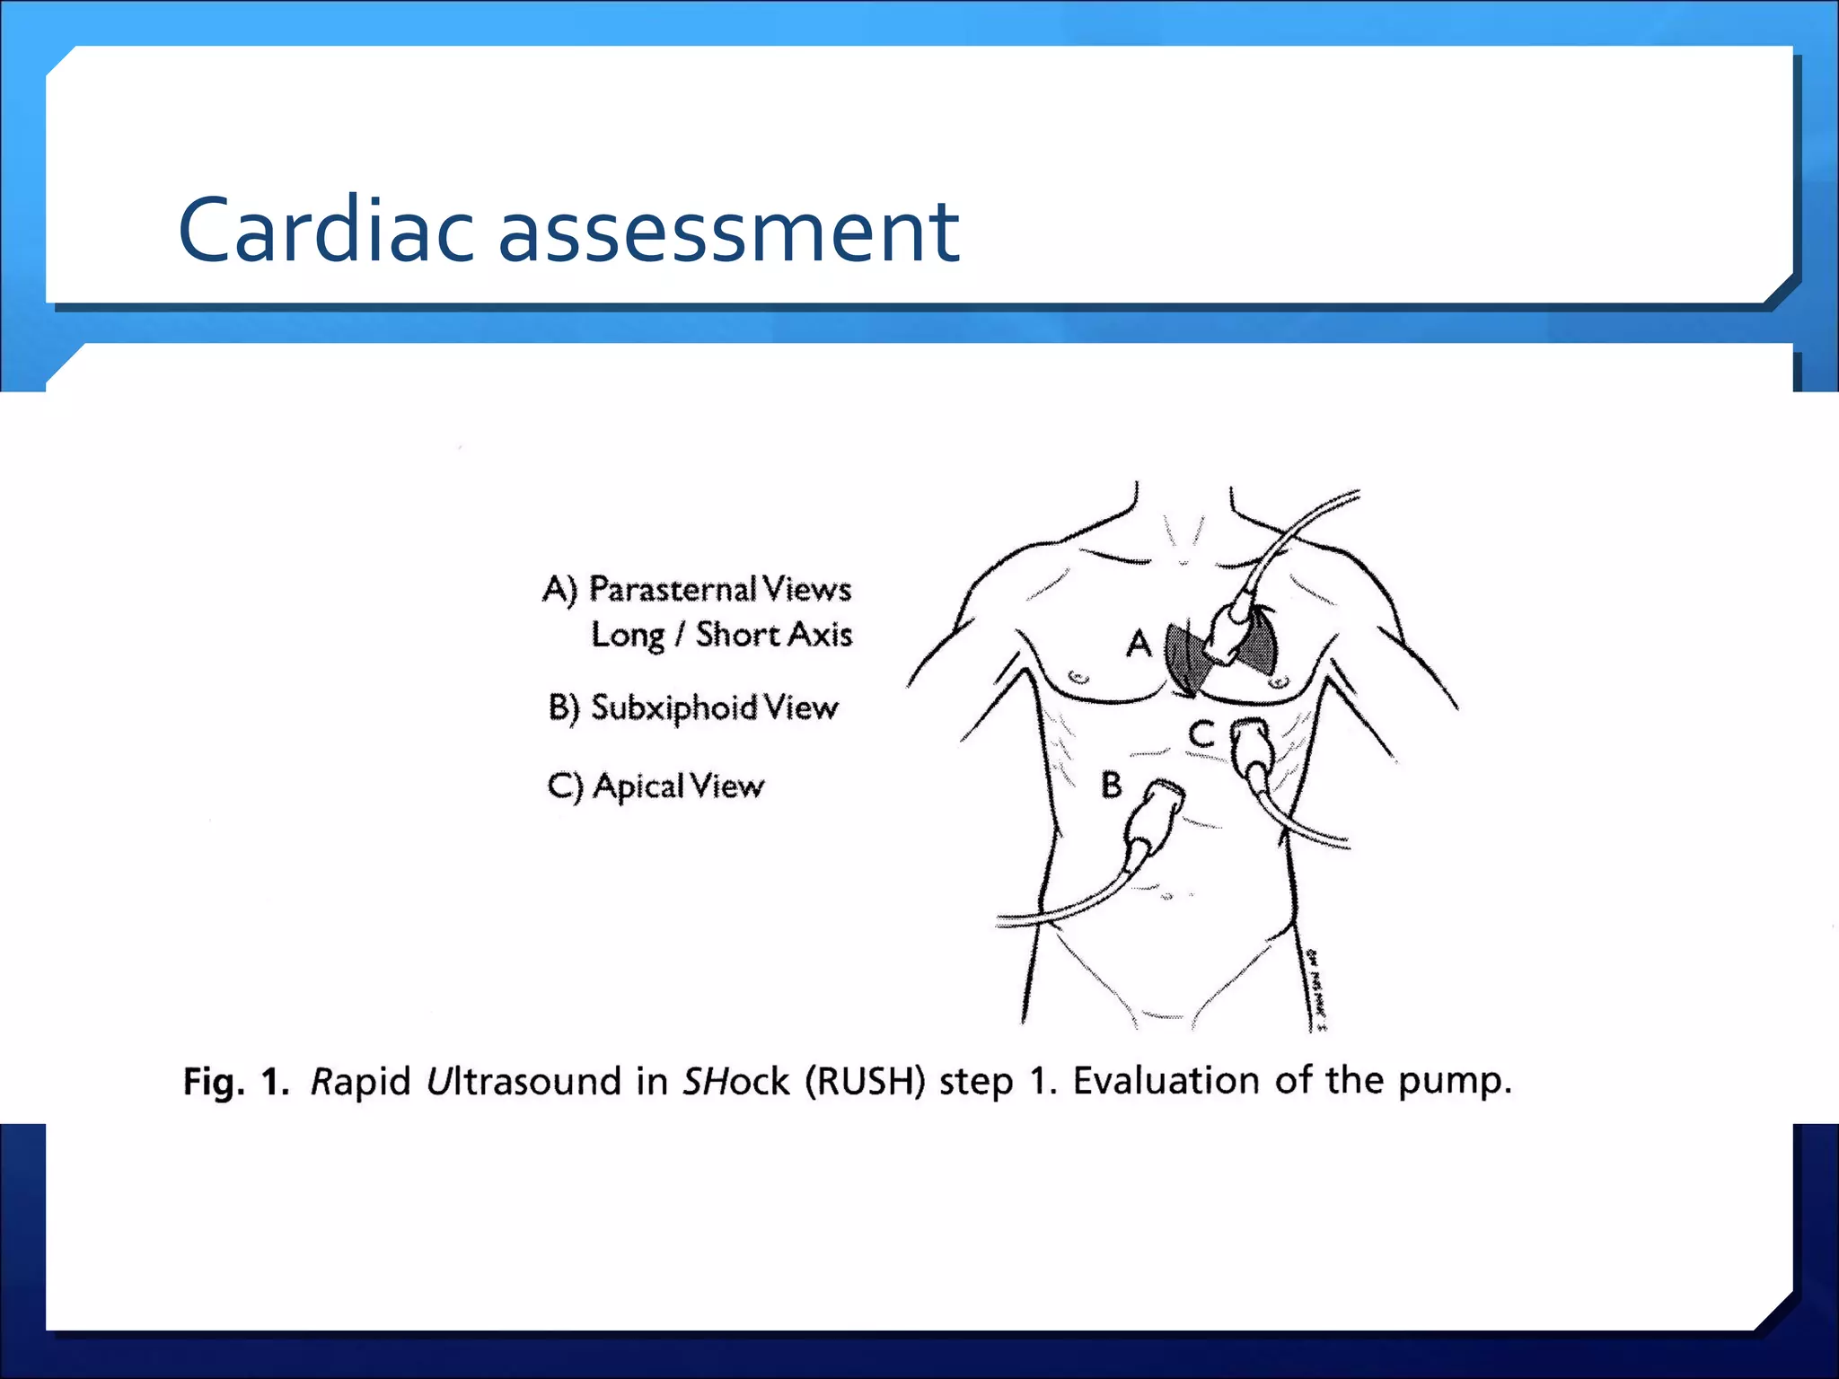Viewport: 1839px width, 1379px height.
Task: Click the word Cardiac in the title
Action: [x=325, y=232]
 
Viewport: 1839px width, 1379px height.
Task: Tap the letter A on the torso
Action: [x=1139, y=644]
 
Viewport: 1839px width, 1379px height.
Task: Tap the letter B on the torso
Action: [x=1112, y=786]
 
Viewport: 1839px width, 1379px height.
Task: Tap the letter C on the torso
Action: [x=1201, y=734]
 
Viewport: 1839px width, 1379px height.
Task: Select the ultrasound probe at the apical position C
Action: [x=1251, y=750]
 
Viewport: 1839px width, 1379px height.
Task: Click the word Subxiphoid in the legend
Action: [x=674, y=708]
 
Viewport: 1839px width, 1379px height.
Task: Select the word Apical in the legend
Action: [x=638, y=786]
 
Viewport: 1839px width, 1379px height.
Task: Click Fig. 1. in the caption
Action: [x=236, y=1081]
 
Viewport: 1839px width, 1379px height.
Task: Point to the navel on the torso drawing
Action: [x=1168, y=896]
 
